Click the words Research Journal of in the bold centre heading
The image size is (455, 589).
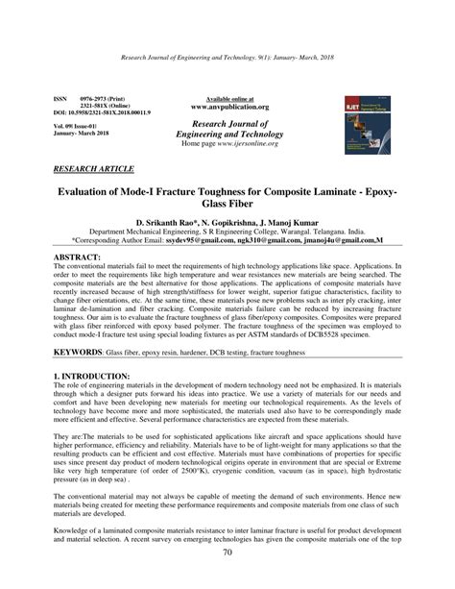point(230,124)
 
